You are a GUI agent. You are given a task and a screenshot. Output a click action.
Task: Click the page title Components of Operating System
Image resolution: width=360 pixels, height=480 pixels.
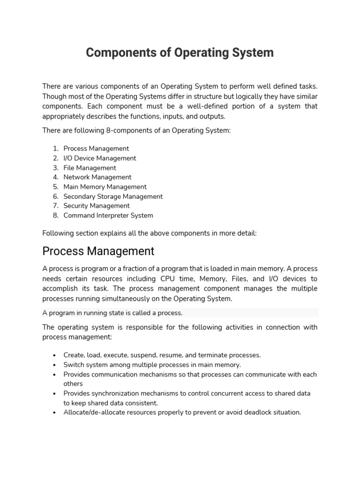click(x=180, y=53)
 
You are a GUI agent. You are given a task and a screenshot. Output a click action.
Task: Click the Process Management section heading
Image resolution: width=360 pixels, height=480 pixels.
click(x=98, y=251)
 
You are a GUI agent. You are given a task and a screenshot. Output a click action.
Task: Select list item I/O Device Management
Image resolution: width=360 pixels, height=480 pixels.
click(x=100, y=158)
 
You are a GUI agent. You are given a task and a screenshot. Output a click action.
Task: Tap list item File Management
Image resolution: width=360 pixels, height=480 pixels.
click(x=90, y=168)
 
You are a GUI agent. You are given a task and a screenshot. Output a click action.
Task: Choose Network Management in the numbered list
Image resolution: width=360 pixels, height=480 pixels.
click(x=97, y=177)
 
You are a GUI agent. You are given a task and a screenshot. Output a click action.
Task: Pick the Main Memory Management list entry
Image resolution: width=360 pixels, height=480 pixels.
click(x=105, y=187)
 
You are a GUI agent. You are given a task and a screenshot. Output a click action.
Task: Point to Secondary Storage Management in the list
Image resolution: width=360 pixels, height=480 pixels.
click(x=113, y=196)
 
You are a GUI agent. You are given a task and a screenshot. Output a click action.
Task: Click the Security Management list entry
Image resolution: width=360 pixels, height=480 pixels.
click(x=97, y=206)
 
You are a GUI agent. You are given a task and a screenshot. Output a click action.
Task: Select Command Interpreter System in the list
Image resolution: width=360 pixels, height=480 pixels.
click(x=108, y=216)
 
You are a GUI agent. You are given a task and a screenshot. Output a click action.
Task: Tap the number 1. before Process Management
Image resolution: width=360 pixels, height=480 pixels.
click(x=55, y=149)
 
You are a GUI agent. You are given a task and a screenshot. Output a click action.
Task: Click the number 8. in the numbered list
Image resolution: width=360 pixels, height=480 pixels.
click(x=55, y=216)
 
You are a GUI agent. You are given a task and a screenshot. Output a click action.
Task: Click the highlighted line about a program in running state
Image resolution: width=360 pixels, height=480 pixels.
click(x=112, y=313)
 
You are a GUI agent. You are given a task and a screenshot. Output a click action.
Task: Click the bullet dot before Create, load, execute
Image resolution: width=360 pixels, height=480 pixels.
click(x=55, y=355)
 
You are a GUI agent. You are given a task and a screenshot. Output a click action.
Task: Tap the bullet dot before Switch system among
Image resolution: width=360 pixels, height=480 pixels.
click(x=55, y=365)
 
